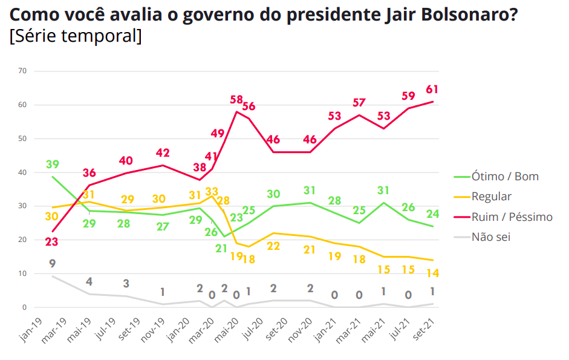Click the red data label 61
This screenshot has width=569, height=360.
point(432,89)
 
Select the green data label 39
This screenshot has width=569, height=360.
point(53,165)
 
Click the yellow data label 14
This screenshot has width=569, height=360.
point(433,273)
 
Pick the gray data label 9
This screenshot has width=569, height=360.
point(53,263)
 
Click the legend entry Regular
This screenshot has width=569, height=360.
point(492,197)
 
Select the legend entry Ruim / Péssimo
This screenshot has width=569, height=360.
point(512,217)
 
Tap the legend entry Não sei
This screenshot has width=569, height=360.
point(491,237)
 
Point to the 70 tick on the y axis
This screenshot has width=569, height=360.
point(22,71)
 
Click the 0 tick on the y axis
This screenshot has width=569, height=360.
point(25,307)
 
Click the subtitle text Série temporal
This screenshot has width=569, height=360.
point(76,36)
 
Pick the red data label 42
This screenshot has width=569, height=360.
point(163,152)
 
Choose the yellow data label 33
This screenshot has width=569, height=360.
point(212,192)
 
